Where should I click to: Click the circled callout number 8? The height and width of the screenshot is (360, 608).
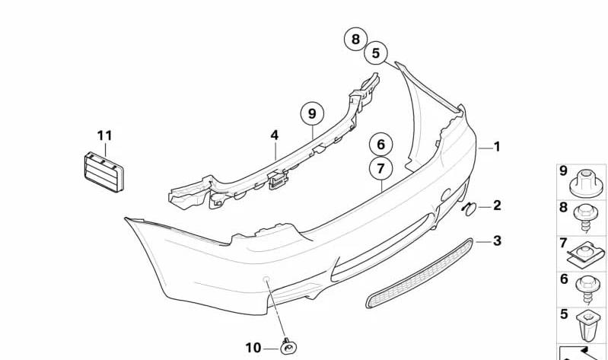pyautogui.click(x=355, y=39)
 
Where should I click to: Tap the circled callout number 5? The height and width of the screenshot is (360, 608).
pyautogui.click(x=375, y=53)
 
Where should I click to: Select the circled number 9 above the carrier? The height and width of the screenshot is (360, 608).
pyautogui.click(x=312, y=113)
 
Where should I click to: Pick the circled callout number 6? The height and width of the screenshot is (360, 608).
pyautogui.click(x=380, y=145)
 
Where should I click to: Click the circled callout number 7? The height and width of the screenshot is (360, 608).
pyautogui.click(x=380, y=168)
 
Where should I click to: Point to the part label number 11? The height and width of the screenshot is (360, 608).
pyautogui.click(x=105, y=135)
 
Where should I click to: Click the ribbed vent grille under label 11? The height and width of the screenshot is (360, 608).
pyautogui.click(x=104, y=171)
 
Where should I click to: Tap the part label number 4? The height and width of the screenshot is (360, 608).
pyautogui.click(x=275, y=135)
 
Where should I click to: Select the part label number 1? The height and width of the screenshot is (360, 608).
pyautogui.click(x=497, y=147)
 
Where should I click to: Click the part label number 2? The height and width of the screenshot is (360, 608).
pyautogui.click(x=497, y=205)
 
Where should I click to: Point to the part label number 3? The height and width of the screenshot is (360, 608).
pyautogui.click(x=497, y=241)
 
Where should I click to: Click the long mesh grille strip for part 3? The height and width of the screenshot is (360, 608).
pyautogui.click(x=420, y=273)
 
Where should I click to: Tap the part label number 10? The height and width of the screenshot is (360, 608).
pyautogui.click(x=253, y=348)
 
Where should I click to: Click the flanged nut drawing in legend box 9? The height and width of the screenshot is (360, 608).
pyautogui.click(x=586, y=184)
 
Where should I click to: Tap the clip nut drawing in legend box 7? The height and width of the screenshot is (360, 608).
pyautogui.click(x=585, y=254)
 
